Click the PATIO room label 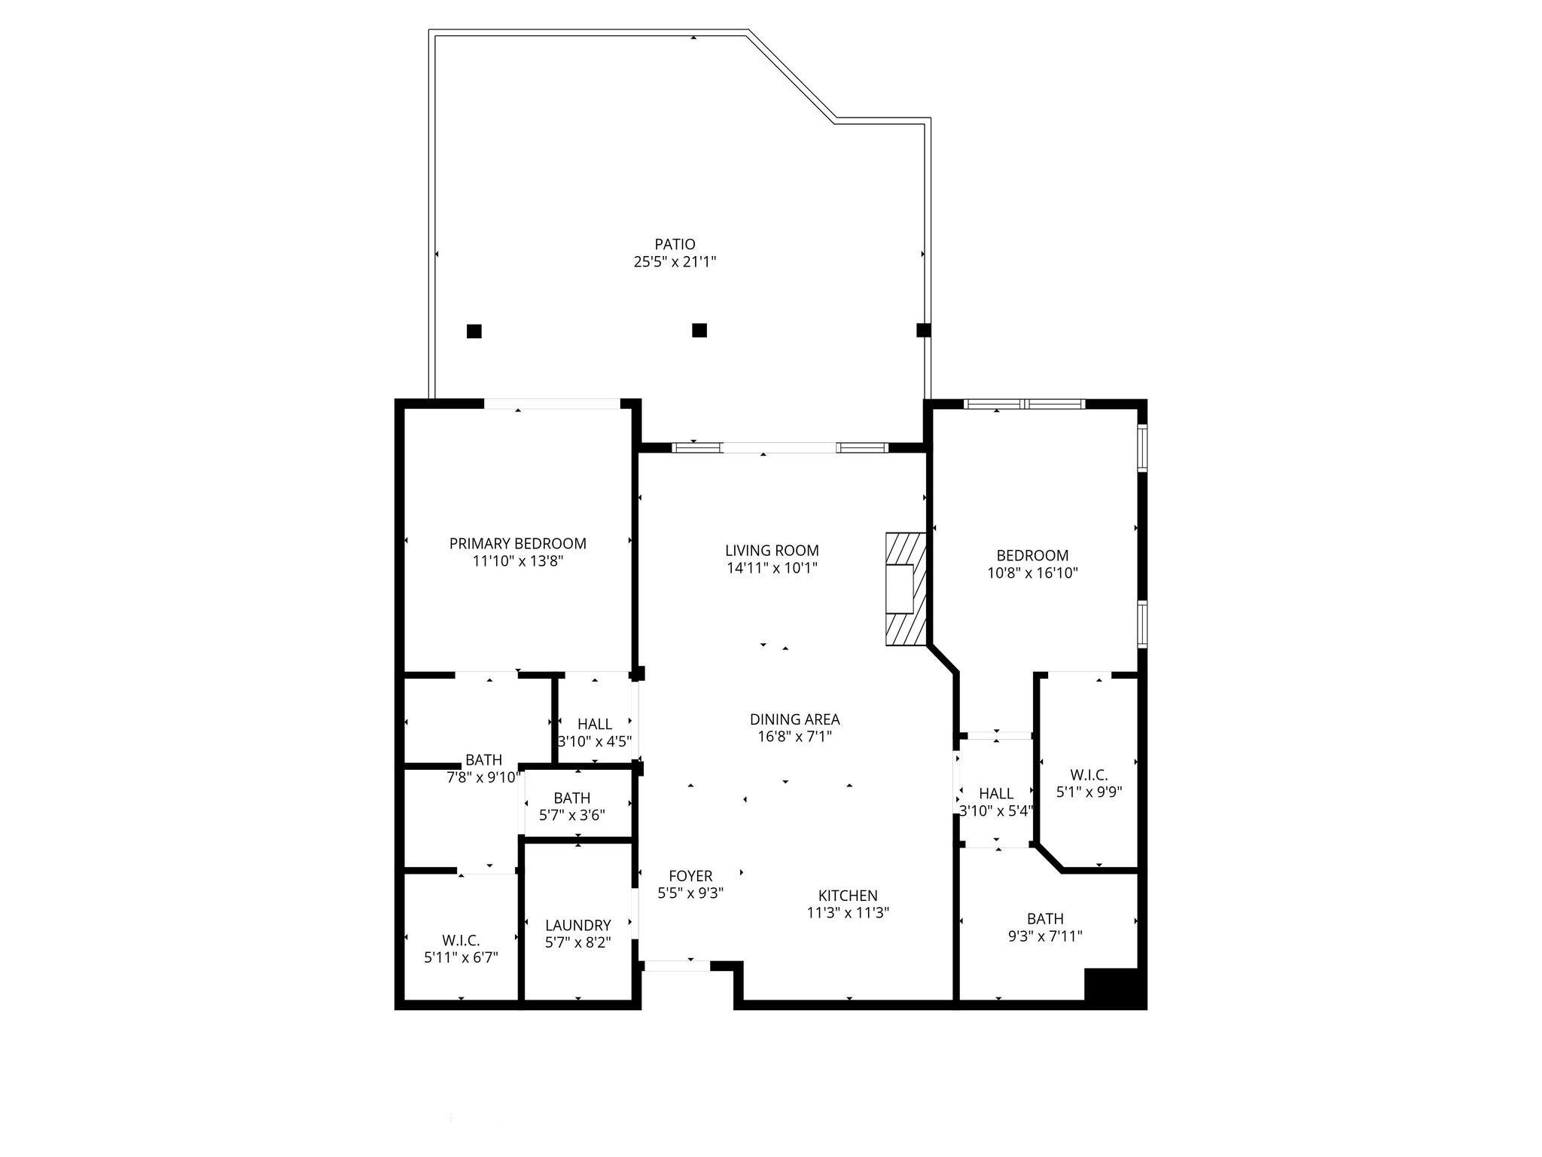tap(675, 244)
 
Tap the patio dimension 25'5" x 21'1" tap(675, 262)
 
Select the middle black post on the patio tap(699, 330)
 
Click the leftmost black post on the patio tap(474, 331)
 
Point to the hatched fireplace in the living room tap(906, 589)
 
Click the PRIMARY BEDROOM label tap(517, 543)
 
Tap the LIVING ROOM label tap(772, 551)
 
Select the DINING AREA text tap(794, 719)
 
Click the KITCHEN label tap(848, 896)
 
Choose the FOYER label tap(690, 876)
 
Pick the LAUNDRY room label tap(577, 925)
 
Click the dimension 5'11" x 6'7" tap(461, 958)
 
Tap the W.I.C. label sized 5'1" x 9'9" tap(1089, 774)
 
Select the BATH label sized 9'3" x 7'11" tap(1045, 919)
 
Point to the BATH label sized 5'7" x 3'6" tap(571, 798)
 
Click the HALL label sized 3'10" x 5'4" tap(995, 793)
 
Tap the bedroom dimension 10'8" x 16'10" tap(1032, 572)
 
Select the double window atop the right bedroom tap(1025, 404)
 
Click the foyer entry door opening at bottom tap(677, 966)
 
